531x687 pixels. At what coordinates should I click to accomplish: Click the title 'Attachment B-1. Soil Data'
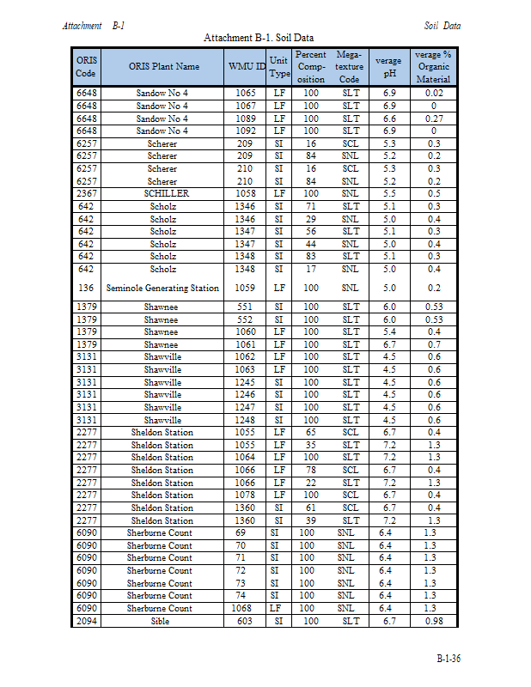pyautogui.click(x=258, y=38)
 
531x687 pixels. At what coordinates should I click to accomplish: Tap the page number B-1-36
pyautogui.click(x=448, y=659)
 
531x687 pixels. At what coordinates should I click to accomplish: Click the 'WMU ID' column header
pyautogui.click(x=246, y=66)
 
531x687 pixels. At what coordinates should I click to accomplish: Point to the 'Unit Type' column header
pyautogui.click(x=278, y=66)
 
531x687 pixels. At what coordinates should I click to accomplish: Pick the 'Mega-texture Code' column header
pyautogui.click(x=350, y=66)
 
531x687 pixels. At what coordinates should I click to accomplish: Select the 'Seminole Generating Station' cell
pyautogui.click(x=163, y=289)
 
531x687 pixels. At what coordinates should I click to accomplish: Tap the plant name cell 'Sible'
pyautogui.click(x=161, y=621)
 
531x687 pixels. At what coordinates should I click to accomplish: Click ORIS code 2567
pyautogui.click(x=86, y=194)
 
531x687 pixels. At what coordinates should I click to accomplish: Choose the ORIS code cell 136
pyautogui.click(x=86, y=289)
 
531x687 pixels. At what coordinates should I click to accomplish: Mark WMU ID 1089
pyautogui.click(x=246, y=119)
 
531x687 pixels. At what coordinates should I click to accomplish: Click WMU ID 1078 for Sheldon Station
pyautogui.click(x=246, y=495)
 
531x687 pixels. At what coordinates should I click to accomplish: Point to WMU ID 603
pyautogui.click(x=246, y=621)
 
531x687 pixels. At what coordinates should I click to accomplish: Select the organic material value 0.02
pyautogui.click(x=433, y=93)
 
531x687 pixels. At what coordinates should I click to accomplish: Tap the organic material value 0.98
pyautogui.click(x=433, y=621)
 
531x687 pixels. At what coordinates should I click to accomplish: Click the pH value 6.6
pyautogui.click(x=389, y=119)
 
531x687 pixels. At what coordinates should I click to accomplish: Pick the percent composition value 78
pyautogui.click(x=310, y=471)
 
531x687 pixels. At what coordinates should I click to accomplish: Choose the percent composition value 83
pyautogui.click(x=310, y=256)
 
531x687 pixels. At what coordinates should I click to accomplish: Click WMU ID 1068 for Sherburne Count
pyautogui.click(x=246, y=608)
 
